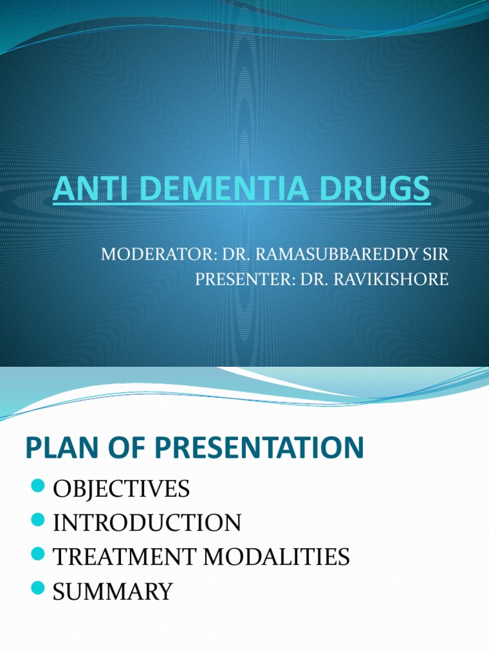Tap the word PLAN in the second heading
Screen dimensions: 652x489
pyautogui.click(x=57, y=448)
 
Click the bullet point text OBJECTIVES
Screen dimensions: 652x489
pyautogui.click(x=121, y=490)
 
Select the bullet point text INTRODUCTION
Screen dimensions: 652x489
pyautogui.click(x=146, y=523)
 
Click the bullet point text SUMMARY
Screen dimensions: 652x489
pyautogui.click(x=112, y=592)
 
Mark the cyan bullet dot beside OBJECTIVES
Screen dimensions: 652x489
pyautogui.click(x=38, y=488)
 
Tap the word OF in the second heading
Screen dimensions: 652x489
pyautogui.click(x=119, y=448)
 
